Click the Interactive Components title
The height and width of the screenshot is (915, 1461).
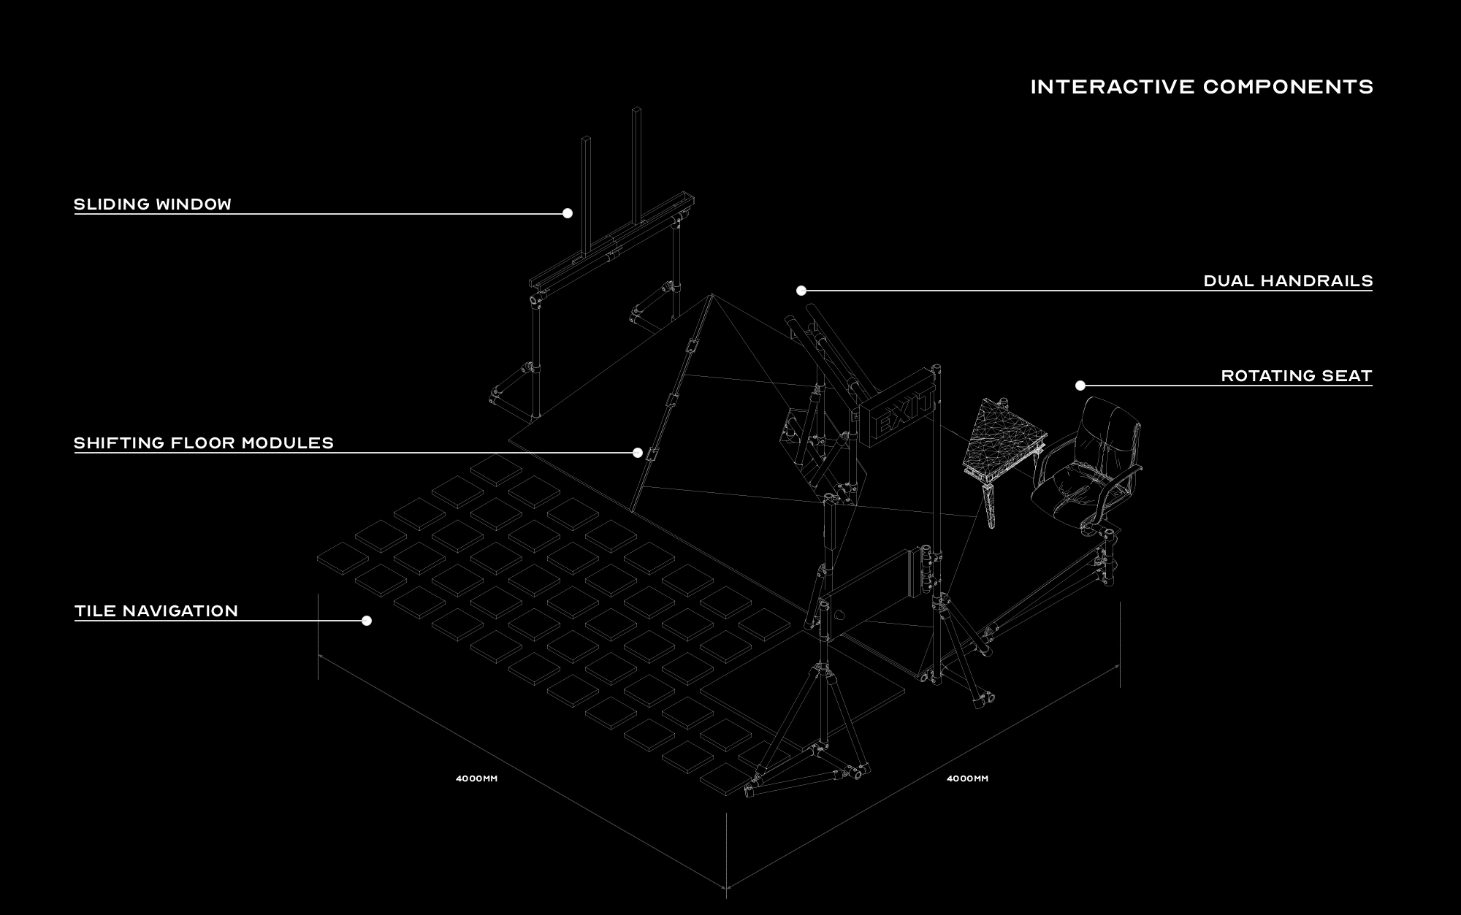pyautogui.click(x=1202, y=87)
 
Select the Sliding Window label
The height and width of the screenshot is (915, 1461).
pyautogui.click(x=153, y=204)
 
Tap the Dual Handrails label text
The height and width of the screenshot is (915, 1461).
pyautogui.click(x=1289, y=281)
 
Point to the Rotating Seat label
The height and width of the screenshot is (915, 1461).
pyautogui.click(x=1297, y=376)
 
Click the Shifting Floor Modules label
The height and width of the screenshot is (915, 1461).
pyautogui.click(x=204, y=443)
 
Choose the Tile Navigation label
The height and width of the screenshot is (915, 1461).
pyautogui.click(x=156, y=611)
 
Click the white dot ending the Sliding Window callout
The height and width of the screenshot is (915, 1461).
pyautogui.click(x=568, y=213)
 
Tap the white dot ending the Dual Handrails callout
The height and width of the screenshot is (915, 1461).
pyautogui.click(x=801, y=291)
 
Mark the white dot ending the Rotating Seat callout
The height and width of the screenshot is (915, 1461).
pyautogui.click(x=1080, y=386)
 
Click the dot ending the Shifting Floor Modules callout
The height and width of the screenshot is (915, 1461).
pyautogui.click(x=638, y=453)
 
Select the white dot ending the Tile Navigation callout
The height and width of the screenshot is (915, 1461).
pyautogui.click(x=367, y=621)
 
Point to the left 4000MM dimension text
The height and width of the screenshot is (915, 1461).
pyautogui.click(x=476, y=778)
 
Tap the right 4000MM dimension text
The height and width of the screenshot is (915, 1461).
pyautogui.click(x=967, y=778)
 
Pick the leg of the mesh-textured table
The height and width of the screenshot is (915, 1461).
pyautogui.click(x=991, y=505)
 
